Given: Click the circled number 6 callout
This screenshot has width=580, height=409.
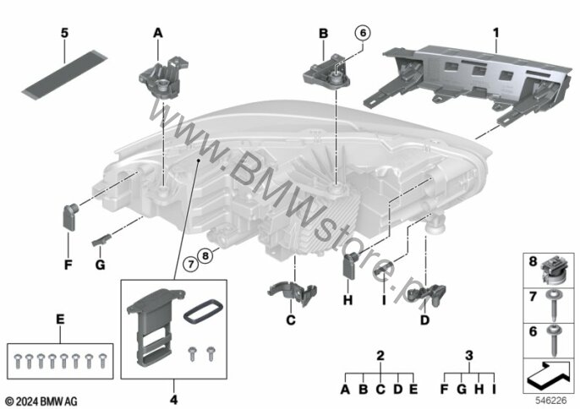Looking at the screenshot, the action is click(363, 33).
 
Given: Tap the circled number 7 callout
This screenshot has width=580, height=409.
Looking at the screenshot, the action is click(191, 264).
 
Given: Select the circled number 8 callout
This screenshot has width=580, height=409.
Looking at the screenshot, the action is click(205, 255).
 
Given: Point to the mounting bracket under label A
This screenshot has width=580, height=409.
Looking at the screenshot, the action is click(162, 77).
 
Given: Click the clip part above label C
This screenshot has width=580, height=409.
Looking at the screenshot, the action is click(293, 292).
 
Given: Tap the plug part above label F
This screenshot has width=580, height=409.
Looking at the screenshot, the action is click(69, 217).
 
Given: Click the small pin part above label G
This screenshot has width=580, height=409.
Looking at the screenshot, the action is click(101, 240).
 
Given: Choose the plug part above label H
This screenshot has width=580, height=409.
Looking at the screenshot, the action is click(351, 265).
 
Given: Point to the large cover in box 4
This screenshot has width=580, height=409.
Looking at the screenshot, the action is click(151, 325).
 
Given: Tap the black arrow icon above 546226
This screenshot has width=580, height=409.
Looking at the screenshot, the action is click(549, 376).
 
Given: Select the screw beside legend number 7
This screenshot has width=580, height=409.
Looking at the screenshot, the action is click(554, 305).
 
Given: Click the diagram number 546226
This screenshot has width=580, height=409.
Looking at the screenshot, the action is click(550, 401).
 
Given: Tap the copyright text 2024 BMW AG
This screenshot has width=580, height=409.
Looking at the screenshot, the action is click(41, 401).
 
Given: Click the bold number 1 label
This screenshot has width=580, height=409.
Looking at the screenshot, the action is click(495, 33).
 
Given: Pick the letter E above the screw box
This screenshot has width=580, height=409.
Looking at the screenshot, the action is click(60, 319).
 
